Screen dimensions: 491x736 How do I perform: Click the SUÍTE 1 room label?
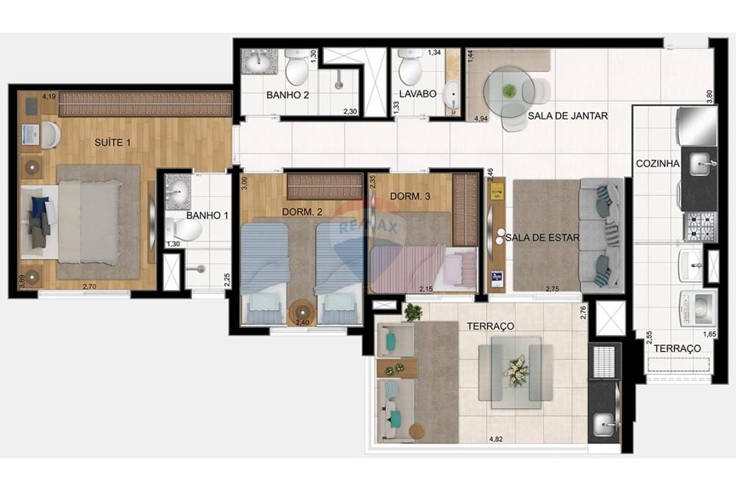[x=113, y=142]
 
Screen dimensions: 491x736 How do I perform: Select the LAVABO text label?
[x=418, y=94]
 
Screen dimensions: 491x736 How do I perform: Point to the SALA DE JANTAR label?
[x=567, y=116]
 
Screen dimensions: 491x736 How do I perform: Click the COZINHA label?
[x=657, y=163]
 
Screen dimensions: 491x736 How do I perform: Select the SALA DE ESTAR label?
[x=542, y=237]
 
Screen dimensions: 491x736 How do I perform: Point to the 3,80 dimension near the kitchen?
[x=710, y=96]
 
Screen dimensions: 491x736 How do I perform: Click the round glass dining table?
[x=509, y=91]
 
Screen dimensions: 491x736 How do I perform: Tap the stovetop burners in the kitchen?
[x=700, y=226]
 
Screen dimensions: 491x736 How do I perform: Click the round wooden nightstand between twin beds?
[x=302, y=312]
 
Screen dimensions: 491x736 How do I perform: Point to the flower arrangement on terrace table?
[x=516, y=370]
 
